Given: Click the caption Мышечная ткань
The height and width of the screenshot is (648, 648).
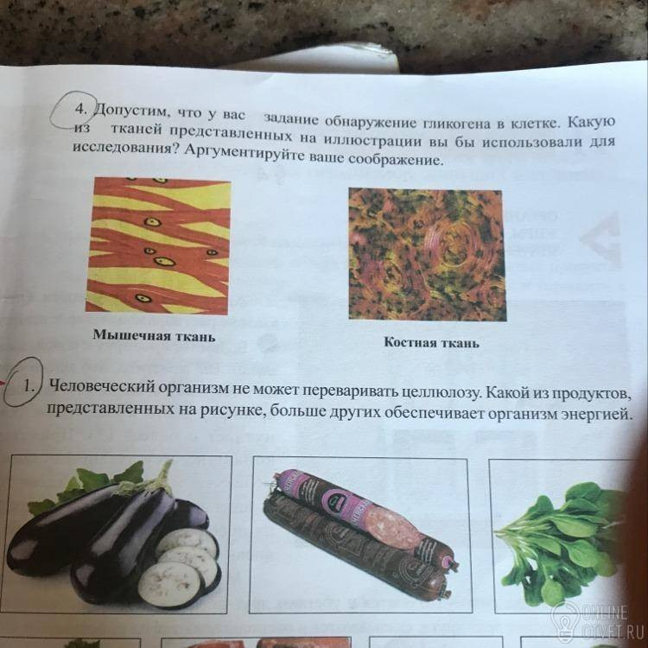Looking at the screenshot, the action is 154,335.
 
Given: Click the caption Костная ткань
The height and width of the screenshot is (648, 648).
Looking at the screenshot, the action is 432,343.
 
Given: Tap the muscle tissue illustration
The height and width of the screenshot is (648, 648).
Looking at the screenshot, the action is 158,245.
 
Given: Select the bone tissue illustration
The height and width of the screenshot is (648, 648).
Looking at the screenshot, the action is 427,255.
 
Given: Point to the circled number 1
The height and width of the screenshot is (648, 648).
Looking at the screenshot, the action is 29,386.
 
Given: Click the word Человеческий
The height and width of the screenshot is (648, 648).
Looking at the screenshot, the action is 101,386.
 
